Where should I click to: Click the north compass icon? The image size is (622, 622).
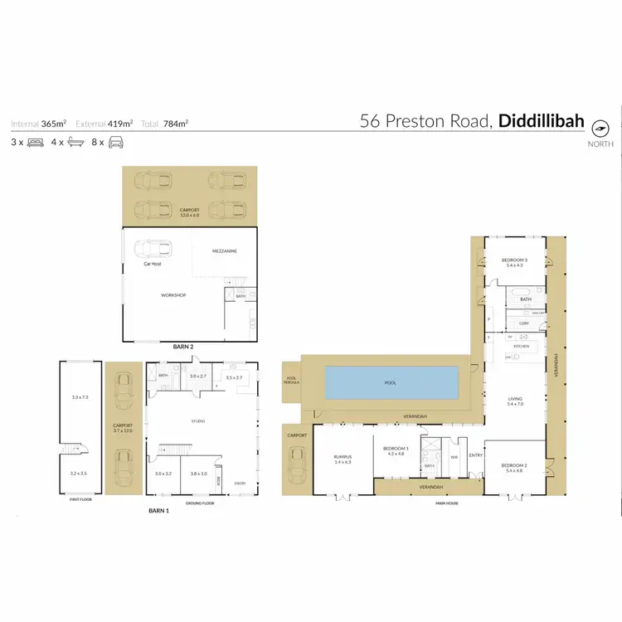point(600,127)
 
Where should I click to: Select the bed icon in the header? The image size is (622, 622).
point(35,142)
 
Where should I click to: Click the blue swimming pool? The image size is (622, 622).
point(391,382)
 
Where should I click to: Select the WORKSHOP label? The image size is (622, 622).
point(173,295)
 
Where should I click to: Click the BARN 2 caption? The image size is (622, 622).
point(183,346)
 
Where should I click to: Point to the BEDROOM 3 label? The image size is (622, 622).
point(514,260)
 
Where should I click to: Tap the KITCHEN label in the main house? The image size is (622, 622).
point(520,346)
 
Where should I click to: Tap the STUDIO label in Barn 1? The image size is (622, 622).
point(197,421)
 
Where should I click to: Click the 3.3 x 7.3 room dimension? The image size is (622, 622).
point(80,398)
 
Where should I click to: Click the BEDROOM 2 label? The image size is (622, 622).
point(514,466)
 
